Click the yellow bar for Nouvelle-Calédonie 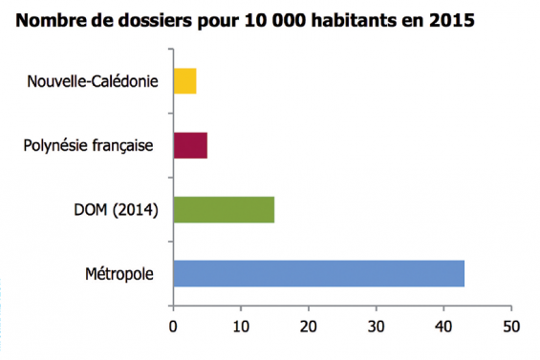pos(185,80)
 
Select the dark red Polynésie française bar pos(190,145)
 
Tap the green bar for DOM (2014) pos(224,209)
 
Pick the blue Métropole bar pos(318,273)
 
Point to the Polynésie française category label pos(90,146)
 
